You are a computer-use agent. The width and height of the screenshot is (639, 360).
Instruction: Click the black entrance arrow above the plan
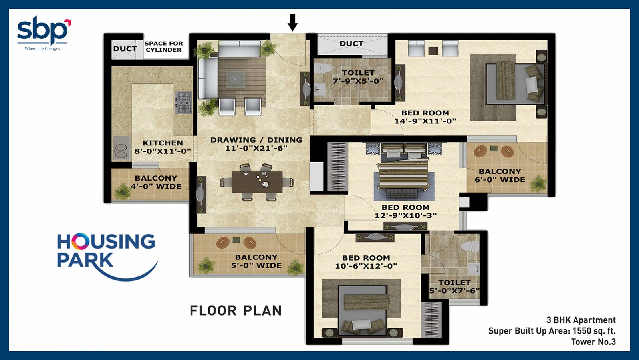pos(292,22)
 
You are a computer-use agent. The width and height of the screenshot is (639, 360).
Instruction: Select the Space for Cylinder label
pos(163,46)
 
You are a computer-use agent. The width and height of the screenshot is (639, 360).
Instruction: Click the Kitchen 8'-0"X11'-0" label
pos(163,147)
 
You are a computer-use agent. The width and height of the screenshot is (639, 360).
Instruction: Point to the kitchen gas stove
pos(183,103)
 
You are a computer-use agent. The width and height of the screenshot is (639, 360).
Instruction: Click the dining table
pos(257,183)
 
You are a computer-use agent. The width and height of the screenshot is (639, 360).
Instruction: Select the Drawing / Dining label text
pos(256,140)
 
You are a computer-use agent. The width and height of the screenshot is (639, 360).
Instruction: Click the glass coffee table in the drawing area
pos(235,79)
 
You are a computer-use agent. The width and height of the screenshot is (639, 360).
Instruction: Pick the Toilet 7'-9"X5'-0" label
pos(358,77)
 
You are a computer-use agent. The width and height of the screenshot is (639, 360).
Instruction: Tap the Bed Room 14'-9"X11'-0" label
pos(425,117)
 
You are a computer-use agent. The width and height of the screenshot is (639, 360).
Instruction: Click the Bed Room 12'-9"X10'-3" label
pos(405,211)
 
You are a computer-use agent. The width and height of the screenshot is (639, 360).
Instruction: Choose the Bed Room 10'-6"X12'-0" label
pos(366,262)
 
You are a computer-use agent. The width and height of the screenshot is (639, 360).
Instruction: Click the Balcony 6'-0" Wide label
pos(500,175)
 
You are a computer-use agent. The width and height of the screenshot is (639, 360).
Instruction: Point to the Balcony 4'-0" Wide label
pos(156,182)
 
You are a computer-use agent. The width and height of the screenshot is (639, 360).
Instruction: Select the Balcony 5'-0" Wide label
pos(256,261)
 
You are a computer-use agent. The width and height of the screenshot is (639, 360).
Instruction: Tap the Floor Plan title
pos(236,310)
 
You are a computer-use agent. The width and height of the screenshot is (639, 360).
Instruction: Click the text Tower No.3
pos(593,342)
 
